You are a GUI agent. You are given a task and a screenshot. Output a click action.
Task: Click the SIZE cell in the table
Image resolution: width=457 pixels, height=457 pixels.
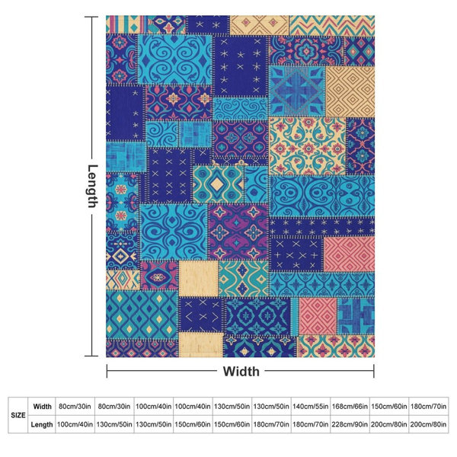[x=18, y=415]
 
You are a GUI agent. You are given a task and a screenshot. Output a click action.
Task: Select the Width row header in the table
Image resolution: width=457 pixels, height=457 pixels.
[x=42, y=406]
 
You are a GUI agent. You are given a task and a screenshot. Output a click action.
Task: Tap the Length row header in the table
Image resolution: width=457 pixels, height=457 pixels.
[x=42, y=424]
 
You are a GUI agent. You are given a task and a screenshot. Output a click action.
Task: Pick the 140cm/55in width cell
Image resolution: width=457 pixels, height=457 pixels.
[x=311, y=406]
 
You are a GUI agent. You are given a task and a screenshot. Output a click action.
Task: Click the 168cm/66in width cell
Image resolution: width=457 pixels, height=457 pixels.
[x=350, y=406]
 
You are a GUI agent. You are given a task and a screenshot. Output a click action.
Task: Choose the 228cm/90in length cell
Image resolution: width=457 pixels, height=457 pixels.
[x=350, y=424]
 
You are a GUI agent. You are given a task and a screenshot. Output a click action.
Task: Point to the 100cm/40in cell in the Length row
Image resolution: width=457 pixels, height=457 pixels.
[x=75, y=424]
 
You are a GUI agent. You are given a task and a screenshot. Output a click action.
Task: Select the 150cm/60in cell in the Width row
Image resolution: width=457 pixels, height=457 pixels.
[x=389, y=406]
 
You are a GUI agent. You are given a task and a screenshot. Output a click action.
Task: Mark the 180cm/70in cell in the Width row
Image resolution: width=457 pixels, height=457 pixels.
[x=428, y=406]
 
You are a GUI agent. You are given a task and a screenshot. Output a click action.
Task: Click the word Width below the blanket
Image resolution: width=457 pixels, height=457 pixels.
[x=241, y=372]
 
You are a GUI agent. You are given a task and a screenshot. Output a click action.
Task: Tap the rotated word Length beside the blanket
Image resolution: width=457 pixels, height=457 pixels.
[x=93, y=187]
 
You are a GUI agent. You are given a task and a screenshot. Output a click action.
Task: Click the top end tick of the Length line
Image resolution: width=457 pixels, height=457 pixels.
[x=91, y=17]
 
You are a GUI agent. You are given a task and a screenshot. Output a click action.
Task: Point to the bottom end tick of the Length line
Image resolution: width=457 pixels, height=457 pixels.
[x=91, y=356]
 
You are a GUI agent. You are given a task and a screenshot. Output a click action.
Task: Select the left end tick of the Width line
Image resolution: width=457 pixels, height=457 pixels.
[x=107, y=371]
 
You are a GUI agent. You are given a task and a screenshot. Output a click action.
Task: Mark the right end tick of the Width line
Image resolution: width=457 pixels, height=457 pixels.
[x=374, y=371]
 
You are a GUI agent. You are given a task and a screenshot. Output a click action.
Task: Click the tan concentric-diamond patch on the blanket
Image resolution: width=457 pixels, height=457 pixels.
[x=350, y=91]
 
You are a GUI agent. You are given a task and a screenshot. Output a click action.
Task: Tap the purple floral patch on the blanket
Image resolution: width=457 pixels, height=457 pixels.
[x=238, y=232]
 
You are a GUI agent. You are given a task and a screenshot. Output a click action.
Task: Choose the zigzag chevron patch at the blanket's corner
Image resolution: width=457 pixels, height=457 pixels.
[x=332, y=25]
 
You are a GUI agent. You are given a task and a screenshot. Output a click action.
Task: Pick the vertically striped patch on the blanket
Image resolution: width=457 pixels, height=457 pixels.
[x=126, y=24]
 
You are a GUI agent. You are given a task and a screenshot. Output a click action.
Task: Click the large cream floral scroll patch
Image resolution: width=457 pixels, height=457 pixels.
[x=308, y=146]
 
